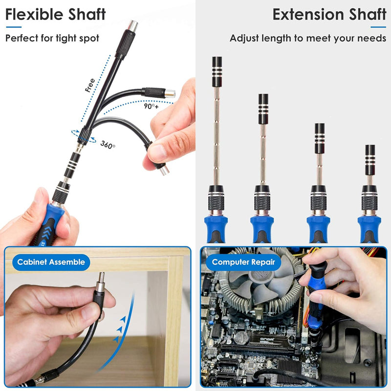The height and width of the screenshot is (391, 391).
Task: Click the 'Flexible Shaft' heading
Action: (x=55, y=14)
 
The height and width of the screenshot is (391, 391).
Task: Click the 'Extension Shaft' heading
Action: (x=329, y=14)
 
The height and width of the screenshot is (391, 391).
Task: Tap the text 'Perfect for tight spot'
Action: (x=52, y=38)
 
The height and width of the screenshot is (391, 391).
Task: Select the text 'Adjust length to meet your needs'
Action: (x=308, y=38)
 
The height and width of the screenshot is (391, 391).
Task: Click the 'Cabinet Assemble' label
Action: (x=51, y=262)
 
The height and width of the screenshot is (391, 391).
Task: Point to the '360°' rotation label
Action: (x=108, y=145)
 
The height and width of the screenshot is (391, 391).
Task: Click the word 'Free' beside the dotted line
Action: (x=89, y=86)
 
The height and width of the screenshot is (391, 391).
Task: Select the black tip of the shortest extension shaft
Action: (x=370, y=159)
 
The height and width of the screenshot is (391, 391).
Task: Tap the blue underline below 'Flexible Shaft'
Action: (x=12, y=27)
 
